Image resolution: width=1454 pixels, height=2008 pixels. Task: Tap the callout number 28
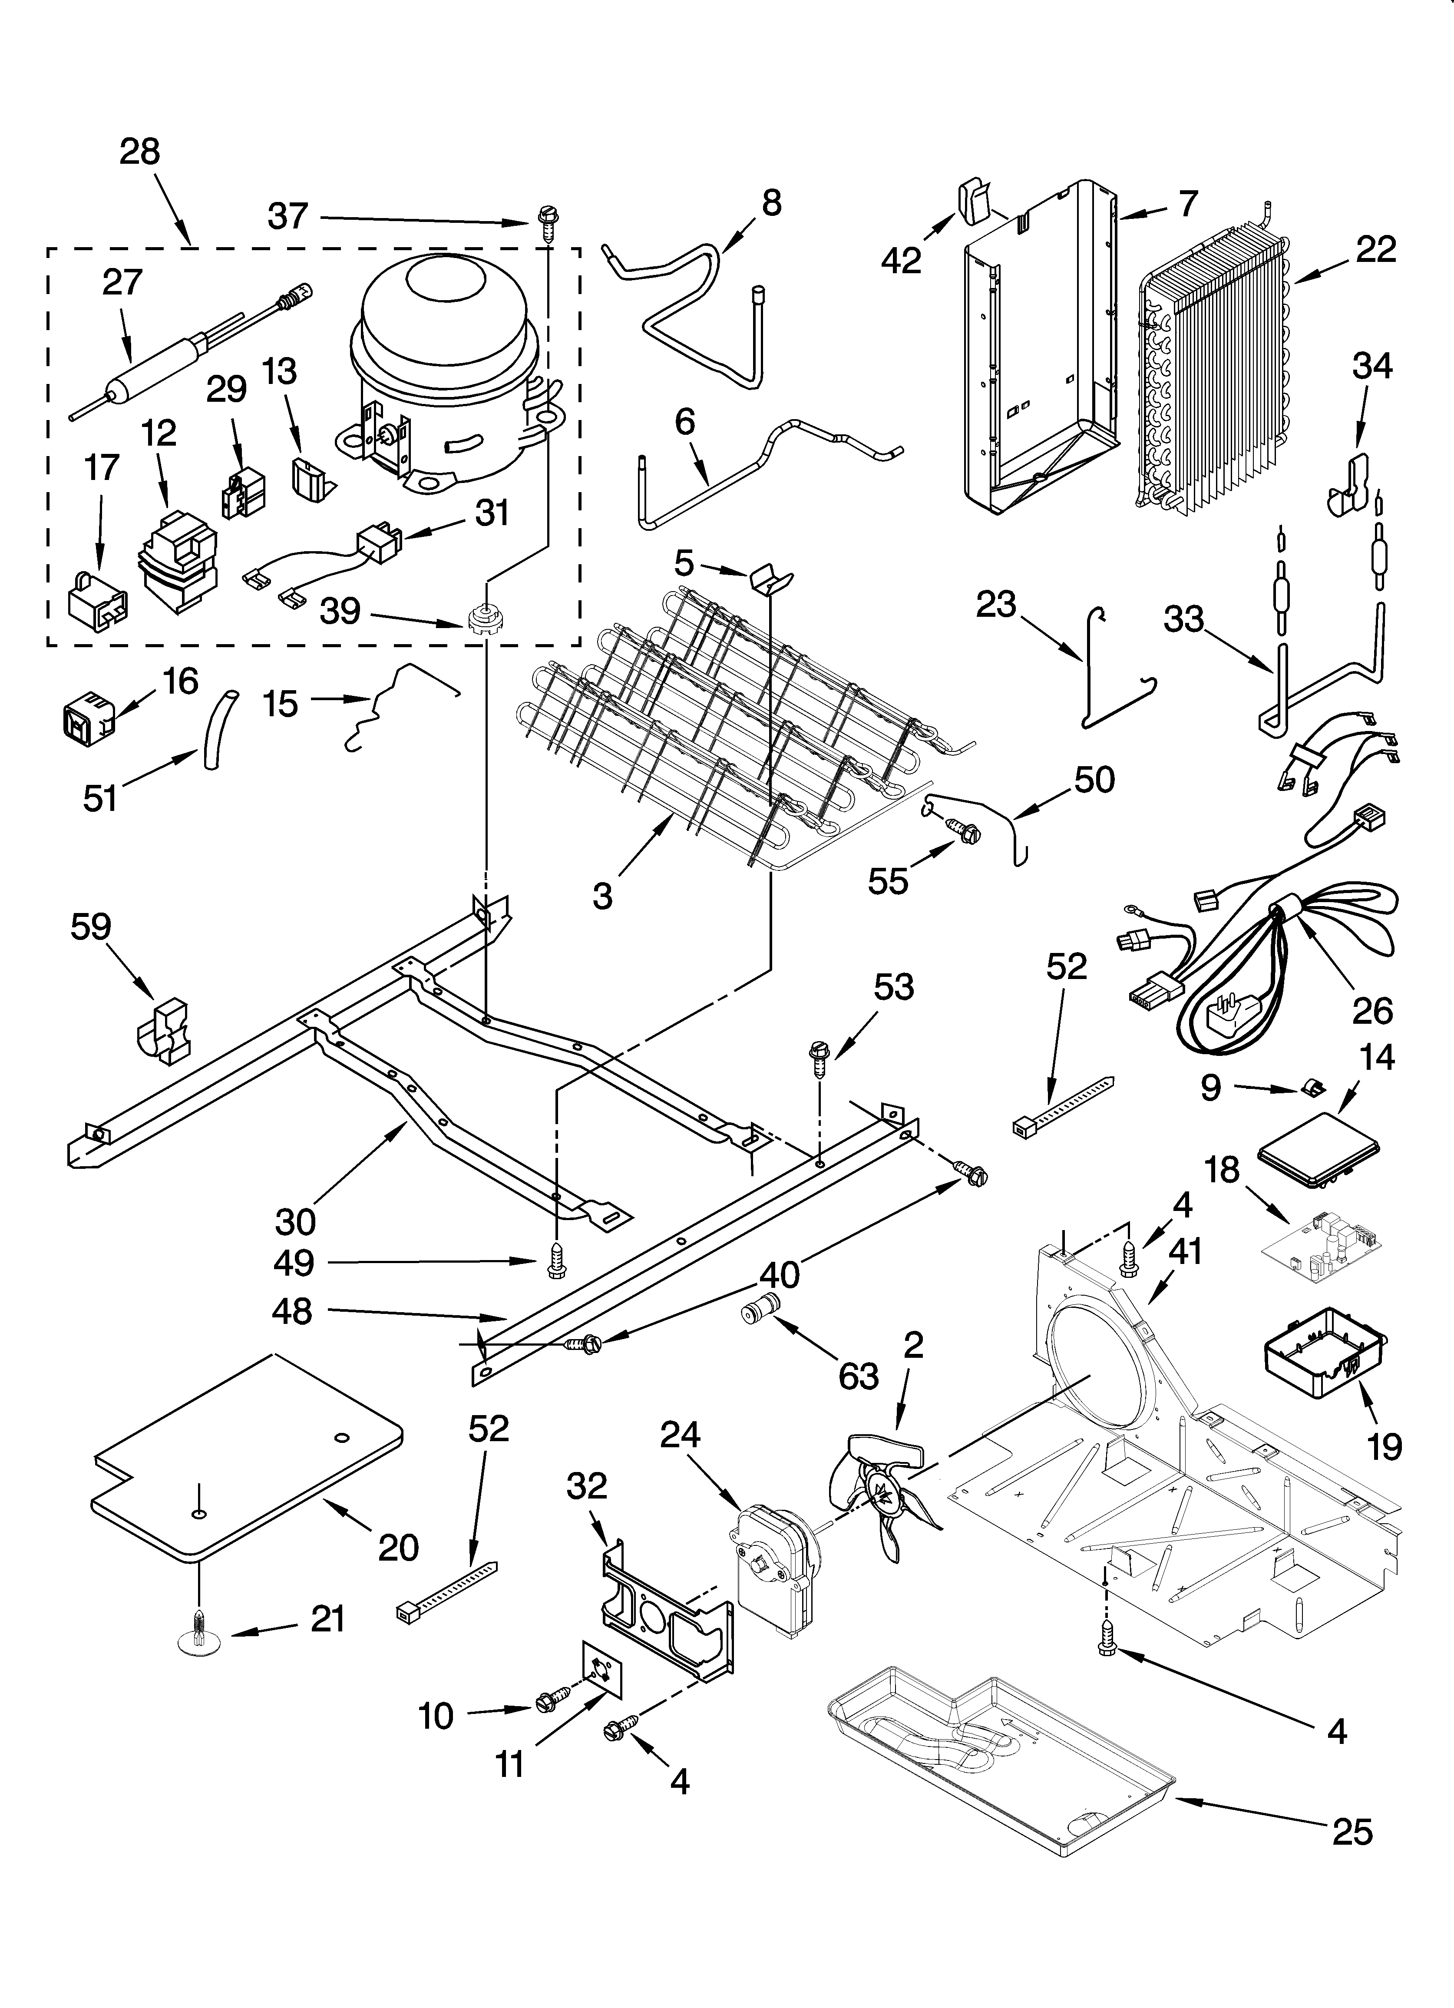pos(140,152)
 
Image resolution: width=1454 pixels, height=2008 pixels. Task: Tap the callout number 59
pos(91,927)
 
